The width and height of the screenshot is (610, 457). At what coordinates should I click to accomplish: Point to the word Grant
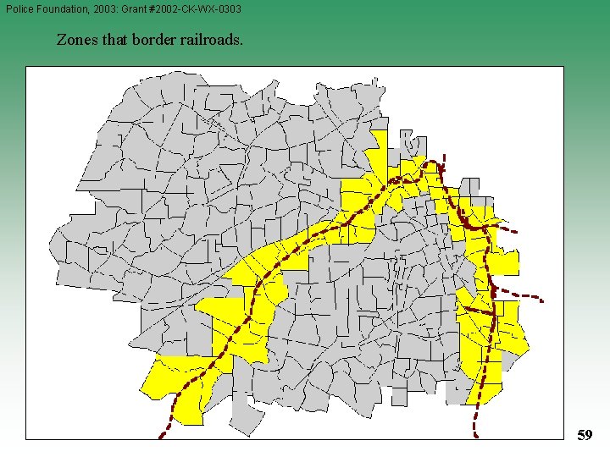142,8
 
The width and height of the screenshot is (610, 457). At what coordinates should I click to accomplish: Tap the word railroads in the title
211,39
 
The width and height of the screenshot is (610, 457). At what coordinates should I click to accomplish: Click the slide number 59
584,435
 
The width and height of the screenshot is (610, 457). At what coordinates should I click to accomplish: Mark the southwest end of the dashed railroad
161,437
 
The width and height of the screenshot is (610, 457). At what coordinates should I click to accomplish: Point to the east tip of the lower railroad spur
542,300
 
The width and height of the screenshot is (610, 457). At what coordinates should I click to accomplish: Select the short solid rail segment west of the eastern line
476,311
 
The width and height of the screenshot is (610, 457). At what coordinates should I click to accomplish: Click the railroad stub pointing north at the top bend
441,166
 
